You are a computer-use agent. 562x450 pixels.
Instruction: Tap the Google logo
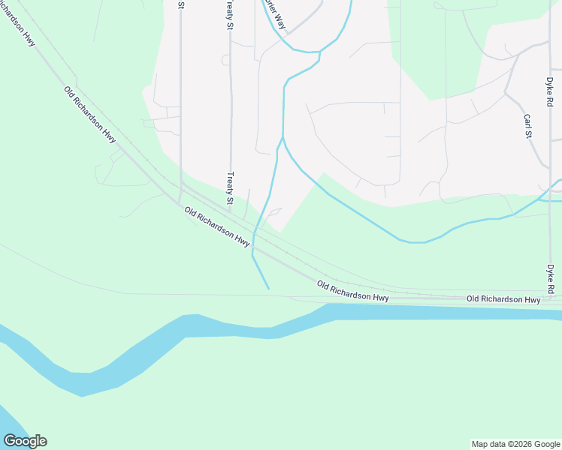coord(25,441)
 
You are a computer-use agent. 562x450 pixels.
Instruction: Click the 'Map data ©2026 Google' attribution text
coord(516,444)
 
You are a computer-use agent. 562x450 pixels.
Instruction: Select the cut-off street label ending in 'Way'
coord(273,13)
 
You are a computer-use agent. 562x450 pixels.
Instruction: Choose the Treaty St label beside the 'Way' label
coord(230,15)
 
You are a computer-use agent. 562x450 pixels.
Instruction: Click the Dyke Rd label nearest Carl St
coord(550,90)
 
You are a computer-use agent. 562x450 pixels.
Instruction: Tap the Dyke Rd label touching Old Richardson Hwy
coord(550,278)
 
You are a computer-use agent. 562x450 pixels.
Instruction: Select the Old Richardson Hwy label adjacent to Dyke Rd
coord(503,299)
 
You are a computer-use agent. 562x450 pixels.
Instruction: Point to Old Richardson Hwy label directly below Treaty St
coord(217,227)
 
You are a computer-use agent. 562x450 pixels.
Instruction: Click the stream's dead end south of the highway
coord(267,287)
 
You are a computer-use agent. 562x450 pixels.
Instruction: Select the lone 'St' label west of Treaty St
coord(181,4)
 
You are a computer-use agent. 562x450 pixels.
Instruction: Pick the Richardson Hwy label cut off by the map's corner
coord(18,26)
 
